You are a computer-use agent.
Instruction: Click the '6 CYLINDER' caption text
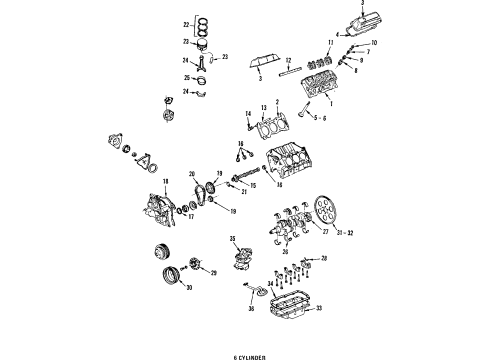(x=245, y=352)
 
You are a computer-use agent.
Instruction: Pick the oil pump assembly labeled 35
(x=240, y=279)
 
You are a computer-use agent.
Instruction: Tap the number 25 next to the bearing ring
(x=186, y=77)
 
